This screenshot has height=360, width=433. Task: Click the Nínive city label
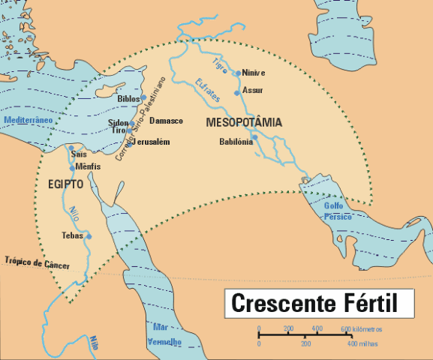click(x=254, y=73)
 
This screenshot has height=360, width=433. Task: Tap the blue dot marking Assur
click(x=237, y=92)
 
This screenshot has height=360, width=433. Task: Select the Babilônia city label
click(x=236, y=141)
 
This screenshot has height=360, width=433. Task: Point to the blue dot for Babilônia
click(x=254, y=137)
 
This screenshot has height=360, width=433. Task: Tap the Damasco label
click(x=166, y=120)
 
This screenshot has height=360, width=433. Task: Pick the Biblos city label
click(x=128, y=98)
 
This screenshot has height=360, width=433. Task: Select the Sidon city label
click(x=119, y=122)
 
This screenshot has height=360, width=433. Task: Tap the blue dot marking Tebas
click(x=89, y=236)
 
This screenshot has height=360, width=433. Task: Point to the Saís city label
click(x=79, y=154)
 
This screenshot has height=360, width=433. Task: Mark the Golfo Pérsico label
click(x=337, y=211)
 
